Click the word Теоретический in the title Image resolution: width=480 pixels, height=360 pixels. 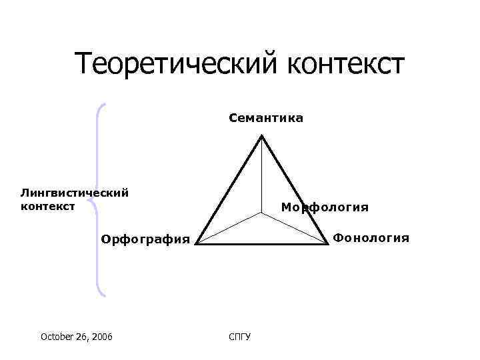[x=176, y=64]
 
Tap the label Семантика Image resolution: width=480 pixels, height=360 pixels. [x=265, y=119]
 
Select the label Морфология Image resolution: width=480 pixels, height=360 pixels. [x=325, y=207]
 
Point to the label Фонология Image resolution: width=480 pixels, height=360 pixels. [x=371, y=237]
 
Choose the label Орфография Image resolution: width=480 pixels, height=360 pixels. [x=145, y=239]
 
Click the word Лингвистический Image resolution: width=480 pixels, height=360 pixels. [x=74, y=193]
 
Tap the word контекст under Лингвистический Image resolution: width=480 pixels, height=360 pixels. [x=47, y=206]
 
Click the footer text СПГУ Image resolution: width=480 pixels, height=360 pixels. [x=239, y=337]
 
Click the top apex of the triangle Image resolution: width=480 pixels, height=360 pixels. [x=262, y=136]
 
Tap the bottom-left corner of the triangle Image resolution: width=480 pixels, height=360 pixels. [x=196, y=243]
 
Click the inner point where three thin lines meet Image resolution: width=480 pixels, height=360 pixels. [x=262, y=214]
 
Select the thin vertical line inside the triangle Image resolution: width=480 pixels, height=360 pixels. [x=262, y=177]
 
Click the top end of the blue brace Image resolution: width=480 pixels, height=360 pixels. [x=105, y=104]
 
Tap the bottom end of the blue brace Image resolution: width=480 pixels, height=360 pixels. [x=104, y=293]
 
